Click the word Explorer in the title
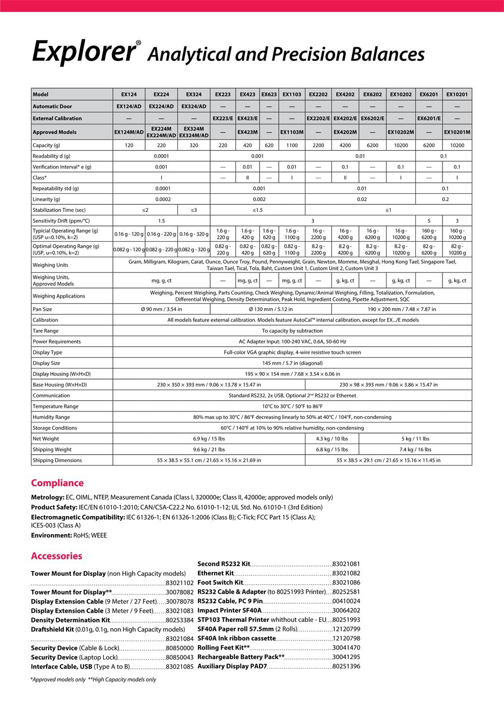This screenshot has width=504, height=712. click(83, 52)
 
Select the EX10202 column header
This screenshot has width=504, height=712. click(401, 94)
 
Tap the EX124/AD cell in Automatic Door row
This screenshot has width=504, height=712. click(129, 106)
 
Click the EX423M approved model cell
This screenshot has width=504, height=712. click(247, 132)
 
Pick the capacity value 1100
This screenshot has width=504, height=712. click(292, 146)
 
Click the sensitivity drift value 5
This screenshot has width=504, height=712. click(428, 221)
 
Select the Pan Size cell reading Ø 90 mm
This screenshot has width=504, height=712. click(161, 309)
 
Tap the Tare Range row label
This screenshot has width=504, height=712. click(45, 331)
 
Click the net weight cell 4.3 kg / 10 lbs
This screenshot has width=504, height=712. click(332, 439)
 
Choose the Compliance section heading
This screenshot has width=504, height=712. click(57, 483)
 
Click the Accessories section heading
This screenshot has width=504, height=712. click(56, 556)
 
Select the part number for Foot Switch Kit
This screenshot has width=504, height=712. click(346, 583)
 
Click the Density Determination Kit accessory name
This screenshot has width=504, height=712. click(70, 620)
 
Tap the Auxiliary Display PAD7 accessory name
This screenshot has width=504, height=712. click(232, 666)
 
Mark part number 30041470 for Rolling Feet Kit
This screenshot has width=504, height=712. click(346, 648)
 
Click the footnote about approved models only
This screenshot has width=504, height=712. click(57, 680)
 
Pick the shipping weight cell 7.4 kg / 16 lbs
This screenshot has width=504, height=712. click(415, 450)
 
